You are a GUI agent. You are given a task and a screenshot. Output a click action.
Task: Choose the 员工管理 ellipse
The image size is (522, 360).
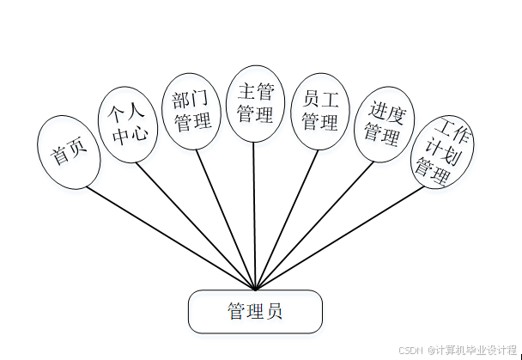pyautogui.click(x=319, y=111)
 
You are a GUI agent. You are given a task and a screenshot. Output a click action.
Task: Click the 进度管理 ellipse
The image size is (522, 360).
pyautogui.click(x=384, y=123)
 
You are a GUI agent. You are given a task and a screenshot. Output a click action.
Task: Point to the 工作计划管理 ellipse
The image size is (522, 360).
pyautogui.click(x=442, y=152)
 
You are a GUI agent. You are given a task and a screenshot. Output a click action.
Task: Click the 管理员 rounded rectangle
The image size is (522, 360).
pyautogui.click(x=255, y=311)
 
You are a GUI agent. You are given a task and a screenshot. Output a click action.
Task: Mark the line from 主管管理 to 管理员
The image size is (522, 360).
pyautogui.click(x=255, y=215)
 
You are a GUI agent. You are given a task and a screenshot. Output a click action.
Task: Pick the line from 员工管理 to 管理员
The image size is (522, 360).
pyautogui.click(x=286, y=220)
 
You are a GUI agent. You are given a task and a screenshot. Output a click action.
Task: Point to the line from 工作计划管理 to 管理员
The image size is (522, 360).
pyautogui.click(x=343, y=236)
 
